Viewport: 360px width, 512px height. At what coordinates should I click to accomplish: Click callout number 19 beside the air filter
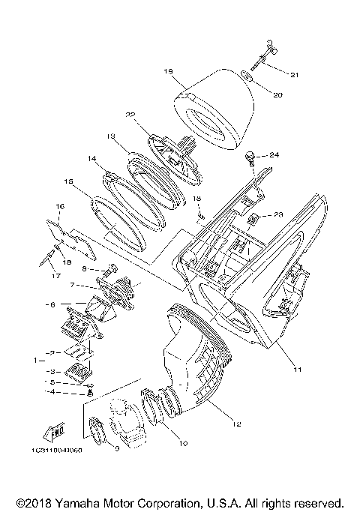click(x=168, y=71)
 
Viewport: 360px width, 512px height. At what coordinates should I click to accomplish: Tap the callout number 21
click(x=294, y=75)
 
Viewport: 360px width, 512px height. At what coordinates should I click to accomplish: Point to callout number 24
click(x=274, y=155)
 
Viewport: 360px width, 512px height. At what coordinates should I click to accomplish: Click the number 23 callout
click(x=278, y=214)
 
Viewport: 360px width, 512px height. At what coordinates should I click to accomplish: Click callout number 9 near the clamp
click(x=116, y=448)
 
